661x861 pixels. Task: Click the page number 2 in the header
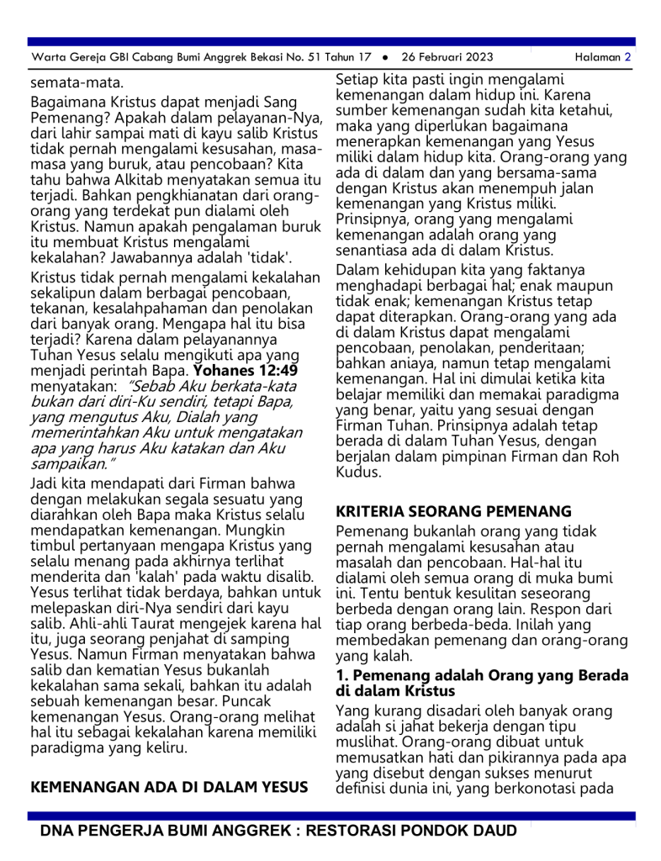pos(627,57)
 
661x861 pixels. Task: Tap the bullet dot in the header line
pos(384,58)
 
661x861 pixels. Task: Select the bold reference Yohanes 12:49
pos(246,370)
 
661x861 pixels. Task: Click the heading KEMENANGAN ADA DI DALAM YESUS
pos(168,788)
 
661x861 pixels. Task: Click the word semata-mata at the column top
pos(65,83)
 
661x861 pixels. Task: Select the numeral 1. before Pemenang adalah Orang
pos(342,675)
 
